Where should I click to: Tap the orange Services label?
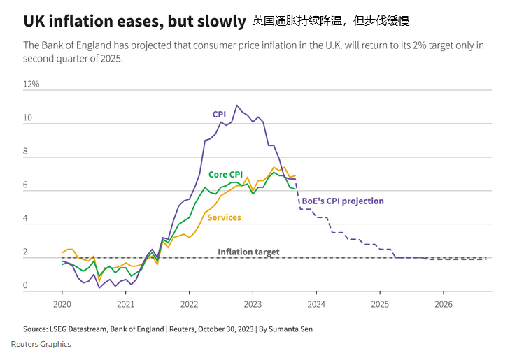pyautogui.click(x=224, y=217)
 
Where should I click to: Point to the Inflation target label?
pyautogui.click(x=248, y=252)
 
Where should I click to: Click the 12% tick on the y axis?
pyautogui.click(x=31, y=85)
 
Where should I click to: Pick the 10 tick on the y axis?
pyautogui.click(x=27, y=118)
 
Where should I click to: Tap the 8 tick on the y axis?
pyautogui.click(x=26, y=152)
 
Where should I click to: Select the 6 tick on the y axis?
pyautogui.click(x=26, y=185)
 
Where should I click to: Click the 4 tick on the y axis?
pyautogui.click(x=26, y=219)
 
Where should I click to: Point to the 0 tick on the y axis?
pyautogui.click(x=26, y=285)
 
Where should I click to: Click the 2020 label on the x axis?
pyautogui.click(x=62, y=304)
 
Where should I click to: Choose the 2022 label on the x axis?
pyautogui.click(x=190, y=304)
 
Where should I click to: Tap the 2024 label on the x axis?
pyautogui.click(x=316, y=304)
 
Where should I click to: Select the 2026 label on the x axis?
pyautogui.click(x=444, y=304)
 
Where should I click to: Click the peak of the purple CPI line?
pyautogui.click(x=237, y=106)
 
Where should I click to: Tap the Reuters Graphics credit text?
pyautogui.click(x=41, y=344)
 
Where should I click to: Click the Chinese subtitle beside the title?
pyautogui.click(x=331, y=21)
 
